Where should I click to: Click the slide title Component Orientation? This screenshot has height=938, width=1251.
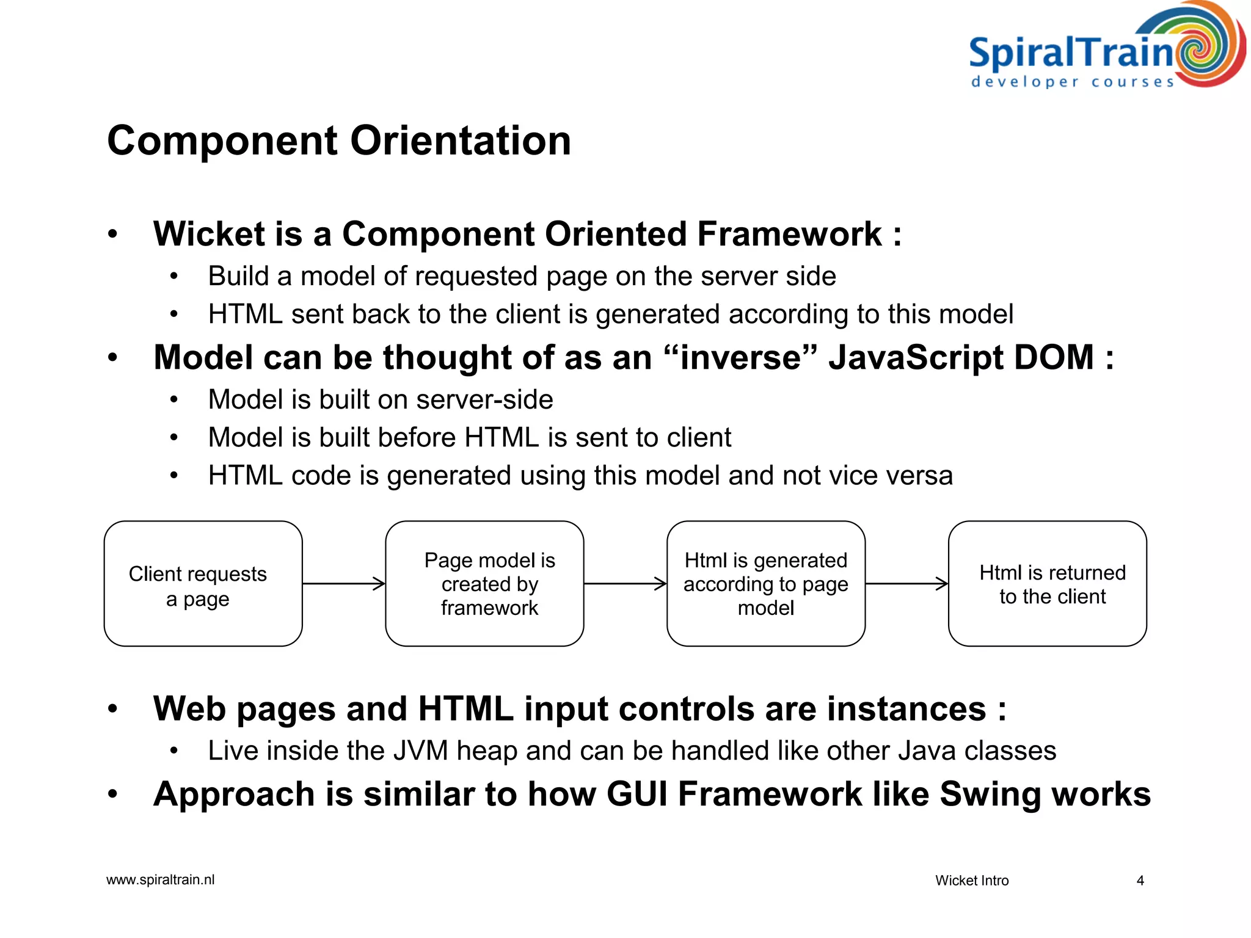tap(339, 140)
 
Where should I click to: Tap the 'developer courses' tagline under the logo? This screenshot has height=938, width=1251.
tap(1073, 82)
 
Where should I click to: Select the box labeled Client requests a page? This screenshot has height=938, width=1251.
tap(203, 584)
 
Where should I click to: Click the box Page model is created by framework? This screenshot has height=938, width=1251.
tap(484, 584)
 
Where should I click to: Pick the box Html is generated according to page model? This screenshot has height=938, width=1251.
tap(766, 584)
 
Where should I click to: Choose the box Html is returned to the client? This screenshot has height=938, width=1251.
tap(1047, 584)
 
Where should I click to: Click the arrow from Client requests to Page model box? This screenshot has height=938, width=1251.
tap(344, 584)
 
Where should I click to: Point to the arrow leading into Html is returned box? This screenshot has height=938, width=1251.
tap(906, 584)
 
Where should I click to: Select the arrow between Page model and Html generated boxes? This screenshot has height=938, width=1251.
tap(625, 584)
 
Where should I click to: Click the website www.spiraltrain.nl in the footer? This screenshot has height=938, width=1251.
tap(160, 880)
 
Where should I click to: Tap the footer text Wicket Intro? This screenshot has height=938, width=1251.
tap(972, 881)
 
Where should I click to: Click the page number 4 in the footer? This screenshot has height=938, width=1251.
tap(1140, 881)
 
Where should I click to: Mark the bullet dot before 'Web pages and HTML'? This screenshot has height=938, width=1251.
tap(112, 709)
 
